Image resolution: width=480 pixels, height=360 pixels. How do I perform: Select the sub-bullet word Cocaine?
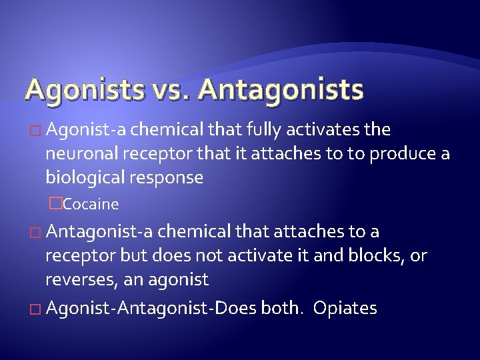tap(91, 204)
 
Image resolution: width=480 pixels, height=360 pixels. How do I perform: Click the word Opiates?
tap(345, 309)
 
